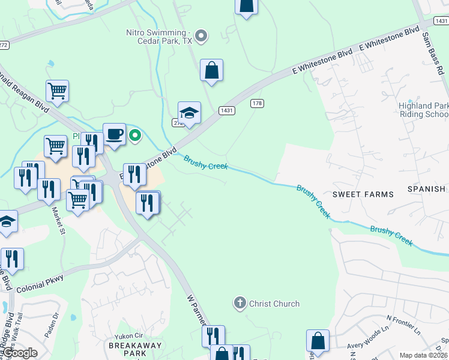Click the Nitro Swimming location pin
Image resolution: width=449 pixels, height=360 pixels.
tap(202, 37)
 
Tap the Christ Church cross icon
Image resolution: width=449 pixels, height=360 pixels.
tap(240, 303)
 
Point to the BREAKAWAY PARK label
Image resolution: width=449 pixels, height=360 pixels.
tap(127, 349)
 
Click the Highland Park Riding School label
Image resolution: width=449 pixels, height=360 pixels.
tap(423, 110)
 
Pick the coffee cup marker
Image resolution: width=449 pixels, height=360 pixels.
tap(114, 134)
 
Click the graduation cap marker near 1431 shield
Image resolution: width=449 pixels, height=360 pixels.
tap(189, 113)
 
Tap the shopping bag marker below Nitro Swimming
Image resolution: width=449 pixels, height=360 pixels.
tap(212, 70)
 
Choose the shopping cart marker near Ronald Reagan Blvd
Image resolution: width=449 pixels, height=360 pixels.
tap(57, 91)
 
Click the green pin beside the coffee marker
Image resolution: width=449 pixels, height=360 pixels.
tap(136, 135)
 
